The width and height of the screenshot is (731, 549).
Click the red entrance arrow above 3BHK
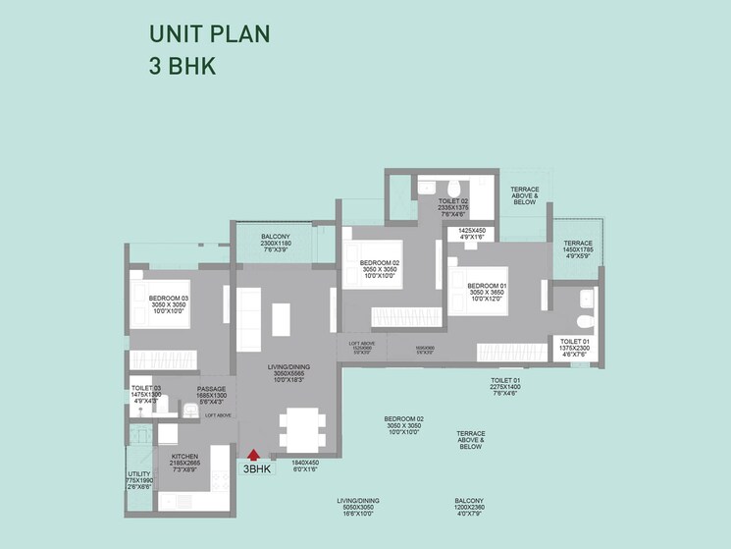click(x=253, y=455)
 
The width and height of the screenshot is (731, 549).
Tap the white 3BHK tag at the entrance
click(x=257, y=468)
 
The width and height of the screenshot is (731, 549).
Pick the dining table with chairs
click(x=303, y=428)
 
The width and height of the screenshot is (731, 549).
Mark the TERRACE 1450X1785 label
click(x=578, y=246)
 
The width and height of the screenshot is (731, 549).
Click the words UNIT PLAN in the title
click(x=209, y=34)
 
